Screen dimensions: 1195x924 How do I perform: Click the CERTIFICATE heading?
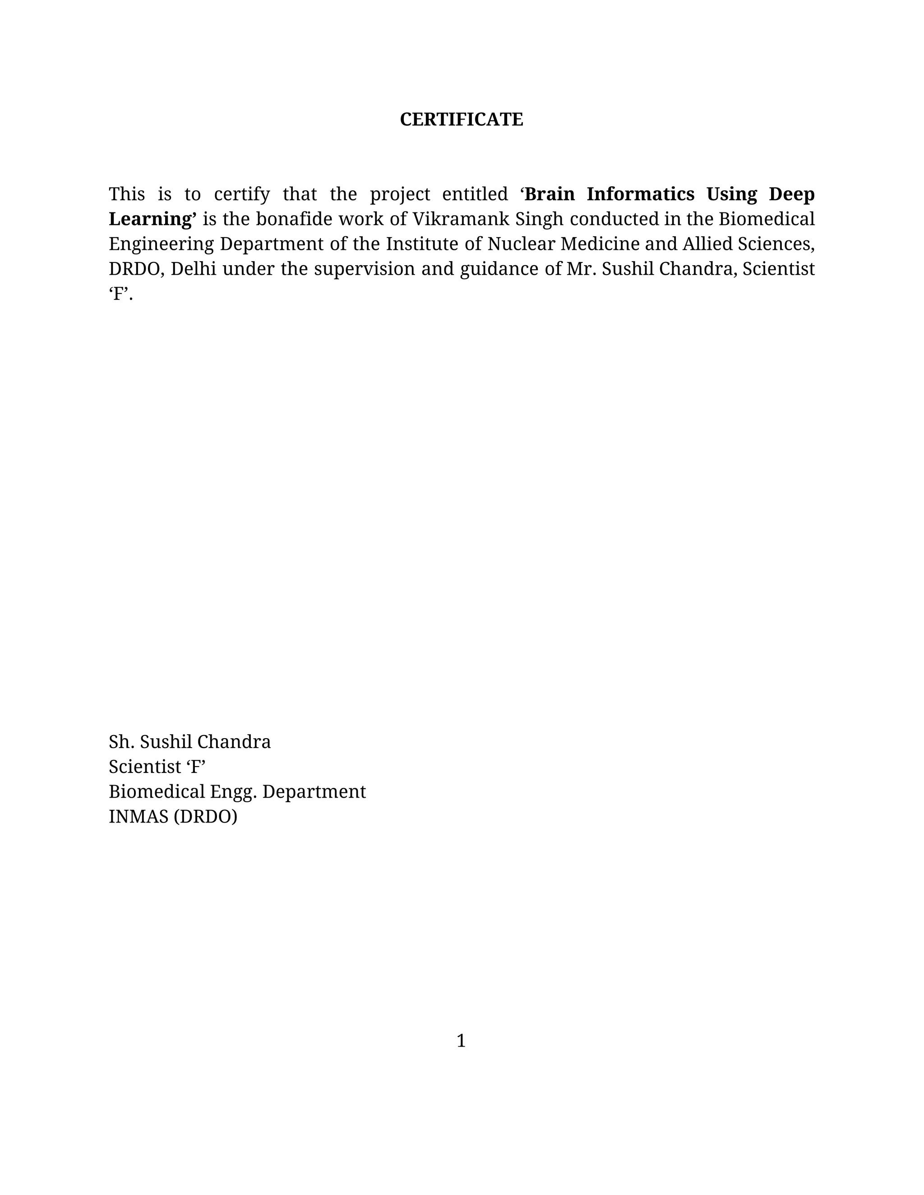coord(462,119)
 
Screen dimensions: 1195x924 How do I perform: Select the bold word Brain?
coord(549,194)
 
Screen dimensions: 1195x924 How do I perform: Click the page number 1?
coord(461,1041)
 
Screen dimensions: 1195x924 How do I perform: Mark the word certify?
coord(241,195)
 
